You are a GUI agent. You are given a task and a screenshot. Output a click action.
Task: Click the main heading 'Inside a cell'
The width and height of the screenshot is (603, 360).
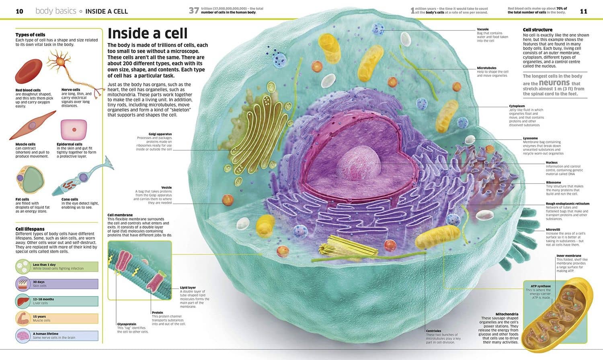[147, 34]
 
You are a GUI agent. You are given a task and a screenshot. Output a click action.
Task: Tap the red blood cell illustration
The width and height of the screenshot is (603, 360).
[29, 71]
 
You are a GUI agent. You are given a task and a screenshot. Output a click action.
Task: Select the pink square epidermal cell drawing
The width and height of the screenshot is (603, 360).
[74, 130]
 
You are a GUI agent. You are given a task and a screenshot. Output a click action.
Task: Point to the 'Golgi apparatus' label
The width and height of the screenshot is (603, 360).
[160, 134]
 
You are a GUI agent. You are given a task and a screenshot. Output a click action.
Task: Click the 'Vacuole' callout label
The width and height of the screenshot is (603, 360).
[483, 29]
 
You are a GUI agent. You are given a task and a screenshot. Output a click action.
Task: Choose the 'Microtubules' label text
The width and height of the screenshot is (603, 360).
[486, 68]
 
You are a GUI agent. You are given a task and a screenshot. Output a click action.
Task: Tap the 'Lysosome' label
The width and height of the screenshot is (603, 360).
[530, 138]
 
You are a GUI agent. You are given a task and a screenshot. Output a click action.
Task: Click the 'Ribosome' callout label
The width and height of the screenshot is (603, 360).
[554, 182]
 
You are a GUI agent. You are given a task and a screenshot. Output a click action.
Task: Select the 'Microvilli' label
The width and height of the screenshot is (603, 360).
[553, 229]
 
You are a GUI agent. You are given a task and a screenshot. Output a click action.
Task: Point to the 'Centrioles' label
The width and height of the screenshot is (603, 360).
[433, 331]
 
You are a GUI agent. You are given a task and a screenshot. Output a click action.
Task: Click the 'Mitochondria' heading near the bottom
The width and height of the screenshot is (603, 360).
[507, 314]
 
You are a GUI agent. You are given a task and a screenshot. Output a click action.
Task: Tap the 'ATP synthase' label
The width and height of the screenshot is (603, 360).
[541, 286]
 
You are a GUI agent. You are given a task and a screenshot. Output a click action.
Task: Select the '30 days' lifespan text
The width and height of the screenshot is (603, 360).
[39, 282]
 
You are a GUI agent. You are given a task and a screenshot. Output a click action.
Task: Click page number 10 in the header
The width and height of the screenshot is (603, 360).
[19, 11]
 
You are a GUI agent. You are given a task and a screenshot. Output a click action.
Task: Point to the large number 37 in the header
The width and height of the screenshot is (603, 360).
[194, 10]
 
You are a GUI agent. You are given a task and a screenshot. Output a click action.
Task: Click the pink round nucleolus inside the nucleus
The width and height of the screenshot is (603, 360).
[359, 163]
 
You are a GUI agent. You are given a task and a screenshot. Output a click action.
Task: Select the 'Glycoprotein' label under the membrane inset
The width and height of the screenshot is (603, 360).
[127, 324]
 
